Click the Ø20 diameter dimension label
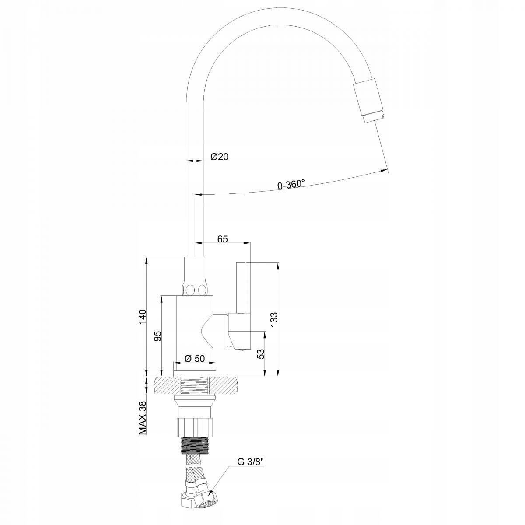[x=220, y=157]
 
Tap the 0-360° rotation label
[x=291, y=185]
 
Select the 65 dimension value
[x=223, y=238]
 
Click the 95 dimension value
[x=158, y=336]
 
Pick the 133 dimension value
[x=274, y=320]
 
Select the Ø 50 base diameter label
[x=195, y=358]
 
